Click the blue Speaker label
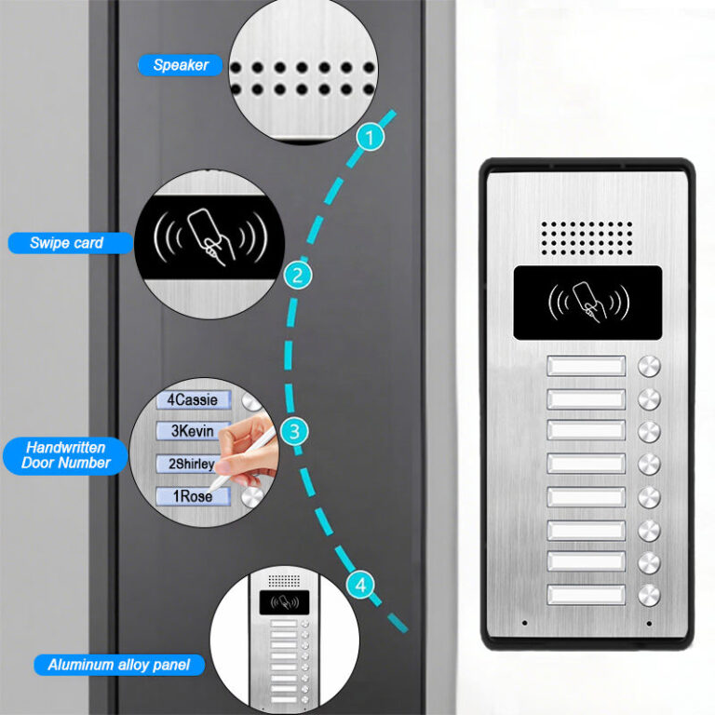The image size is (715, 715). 181,65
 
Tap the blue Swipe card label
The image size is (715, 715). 67,243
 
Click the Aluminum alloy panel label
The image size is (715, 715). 119,665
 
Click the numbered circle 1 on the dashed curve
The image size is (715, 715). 371,138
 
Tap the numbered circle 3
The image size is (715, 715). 294,431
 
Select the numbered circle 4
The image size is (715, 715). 361,586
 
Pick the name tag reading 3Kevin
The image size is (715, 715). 192,431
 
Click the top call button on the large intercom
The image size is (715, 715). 649,366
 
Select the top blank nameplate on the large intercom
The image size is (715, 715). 586,366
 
